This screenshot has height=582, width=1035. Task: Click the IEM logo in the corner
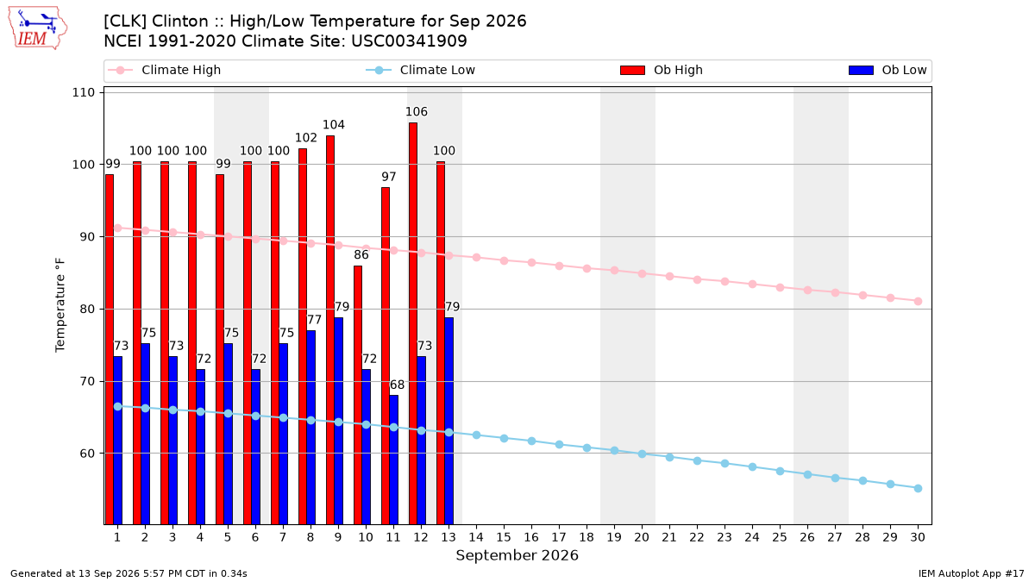[37, 28]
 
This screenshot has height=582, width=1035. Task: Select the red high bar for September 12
[413, 323]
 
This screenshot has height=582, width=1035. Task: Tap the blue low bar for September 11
[393, 460]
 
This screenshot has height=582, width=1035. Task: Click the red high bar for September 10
[358, 395]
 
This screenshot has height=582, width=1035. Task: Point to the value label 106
[417, 112]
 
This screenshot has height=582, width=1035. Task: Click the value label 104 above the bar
[334, 125]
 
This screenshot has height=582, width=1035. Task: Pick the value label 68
[397, 385]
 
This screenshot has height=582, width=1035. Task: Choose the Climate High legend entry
[165, 70]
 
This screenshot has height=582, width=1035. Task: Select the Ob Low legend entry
[888, 70]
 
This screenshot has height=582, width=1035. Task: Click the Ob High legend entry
[662, 70]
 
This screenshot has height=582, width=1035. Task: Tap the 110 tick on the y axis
[83, 93]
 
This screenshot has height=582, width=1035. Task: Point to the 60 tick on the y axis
[87, 454]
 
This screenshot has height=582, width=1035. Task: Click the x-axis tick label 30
[918, 537]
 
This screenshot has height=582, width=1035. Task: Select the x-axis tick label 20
[642, 537]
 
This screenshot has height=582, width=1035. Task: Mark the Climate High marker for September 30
[918, 302]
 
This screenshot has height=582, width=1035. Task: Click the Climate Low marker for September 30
[918, 489]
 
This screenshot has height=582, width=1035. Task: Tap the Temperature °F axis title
[60, 305]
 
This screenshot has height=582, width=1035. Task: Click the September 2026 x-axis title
[517, 555]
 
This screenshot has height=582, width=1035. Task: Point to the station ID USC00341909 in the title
[409, 41]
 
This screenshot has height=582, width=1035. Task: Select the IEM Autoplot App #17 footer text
[971, 573]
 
